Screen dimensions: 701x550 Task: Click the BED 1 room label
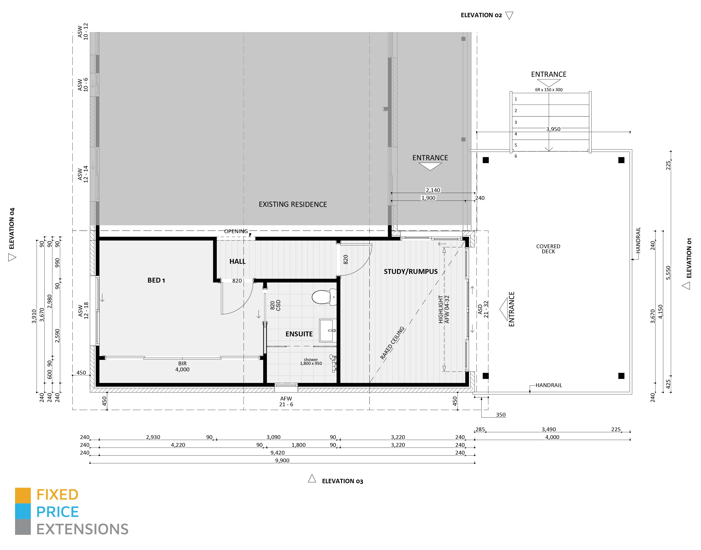[x=156, y=280]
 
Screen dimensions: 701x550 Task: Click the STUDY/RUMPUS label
[x=411, y=271]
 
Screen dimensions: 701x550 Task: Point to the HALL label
[x=238, y=261]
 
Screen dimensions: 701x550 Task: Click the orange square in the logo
[x=23, y=496]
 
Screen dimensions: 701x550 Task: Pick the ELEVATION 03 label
[x=343, y=481]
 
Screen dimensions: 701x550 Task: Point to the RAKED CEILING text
[x=392, y=343]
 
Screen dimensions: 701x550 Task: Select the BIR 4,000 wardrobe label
[x=182, y=366]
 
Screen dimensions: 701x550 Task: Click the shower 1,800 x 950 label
[x=311, y=362]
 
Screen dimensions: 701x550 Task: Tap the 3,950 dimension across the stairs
[x=553, y=129]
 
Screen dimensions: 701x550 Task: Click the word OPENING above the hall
[x=236, y=231]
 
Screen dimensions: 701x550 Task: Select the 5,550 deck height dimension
[x=668, y=272]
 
